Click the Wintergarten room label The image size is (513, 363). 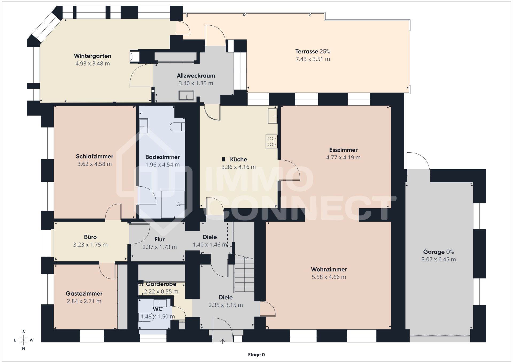click(92, 56)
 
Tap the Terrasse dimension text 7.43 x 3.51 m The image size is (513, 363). click(313, 59)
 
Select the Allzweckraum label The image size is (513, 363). click(196, 76)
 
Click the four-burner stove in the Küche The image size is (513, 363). click(271, 141)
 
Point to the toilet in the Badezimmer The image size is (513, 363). click(177, 127)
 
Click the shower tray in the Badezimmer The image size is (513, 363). click(173, 204)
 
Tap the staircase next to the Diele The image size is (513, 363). click(244, 274)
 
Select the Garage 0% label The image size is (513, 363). click(438, 252)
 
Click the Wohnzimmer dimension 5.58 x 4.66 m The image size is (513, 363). click(329, 277)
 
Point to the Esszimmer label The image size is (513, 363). click(343, 150)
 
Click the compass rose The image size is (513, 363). click(24, 340)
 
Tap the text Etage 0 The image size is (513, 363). click(256, 355)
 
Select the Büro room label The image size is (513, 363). click(90, 237)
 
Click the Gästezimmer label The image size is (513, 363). click(84, 294)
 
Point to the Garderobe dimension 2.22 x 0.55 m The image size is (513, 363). click(161, 292)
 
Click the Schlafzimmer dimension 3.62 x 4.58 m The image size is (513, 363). click(95, 164)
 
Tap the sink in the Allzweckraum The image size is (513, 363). click(186, 96)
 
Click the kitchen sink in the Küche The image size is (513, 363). click(273, 116)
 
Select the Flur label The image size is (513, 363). click(160, 240)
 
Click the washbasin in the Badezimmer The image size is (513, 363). click(144, 126)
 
